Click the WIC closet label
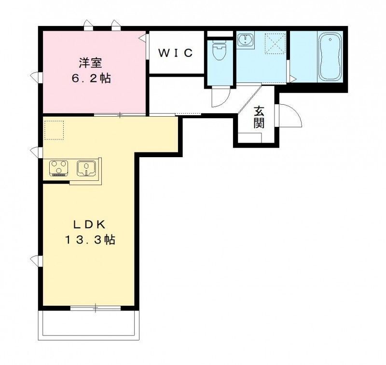pos(176,53)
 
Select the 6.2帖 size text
pos(92,78)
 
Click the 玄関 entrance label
pos(259,117)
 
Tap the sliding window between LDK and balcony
pos(95,307)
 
